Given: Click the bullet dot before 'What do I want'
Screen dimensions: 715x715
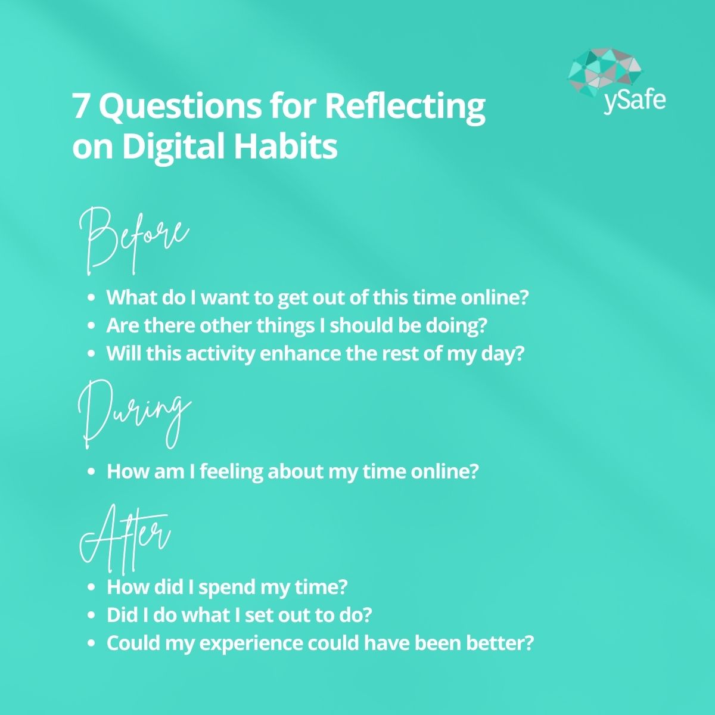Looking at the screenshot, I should coord(91,297).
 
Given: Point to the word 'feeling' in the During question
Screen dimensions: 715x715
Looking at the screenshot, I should coord(231,471).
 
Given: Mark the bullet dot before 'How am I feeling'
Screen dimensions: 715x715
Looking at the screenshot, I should coord(91,472).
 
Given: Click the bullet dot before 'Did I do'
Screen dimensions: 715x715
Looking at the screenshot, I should coord(91,615).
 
